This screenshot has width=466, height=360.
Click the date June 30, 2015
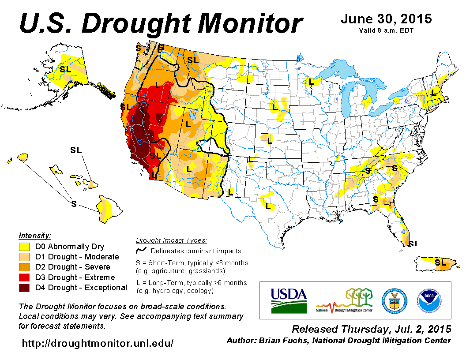tap(386, 19)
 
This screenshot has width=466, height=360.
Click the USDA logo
tap(289, 300)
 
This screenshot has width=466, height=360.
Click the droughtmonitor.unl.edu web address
tap(98, 343)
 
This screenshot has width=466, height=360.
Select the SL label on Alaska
tap(65, 69)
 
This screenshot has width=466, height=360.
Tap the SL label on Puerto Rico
tap(440, 262)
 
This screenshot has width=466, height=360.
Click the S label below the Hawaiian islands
tap(74, 203)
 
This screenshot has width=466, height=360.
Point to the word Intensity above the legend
tap(35, 236)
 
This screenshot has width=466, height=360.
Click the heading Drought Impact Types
tap(171, 240)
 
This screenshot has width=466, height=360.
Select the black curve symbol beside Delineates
tap(141, 251)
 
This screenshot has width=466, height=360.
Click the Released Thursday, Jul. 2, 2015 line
tap(372, 329)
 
